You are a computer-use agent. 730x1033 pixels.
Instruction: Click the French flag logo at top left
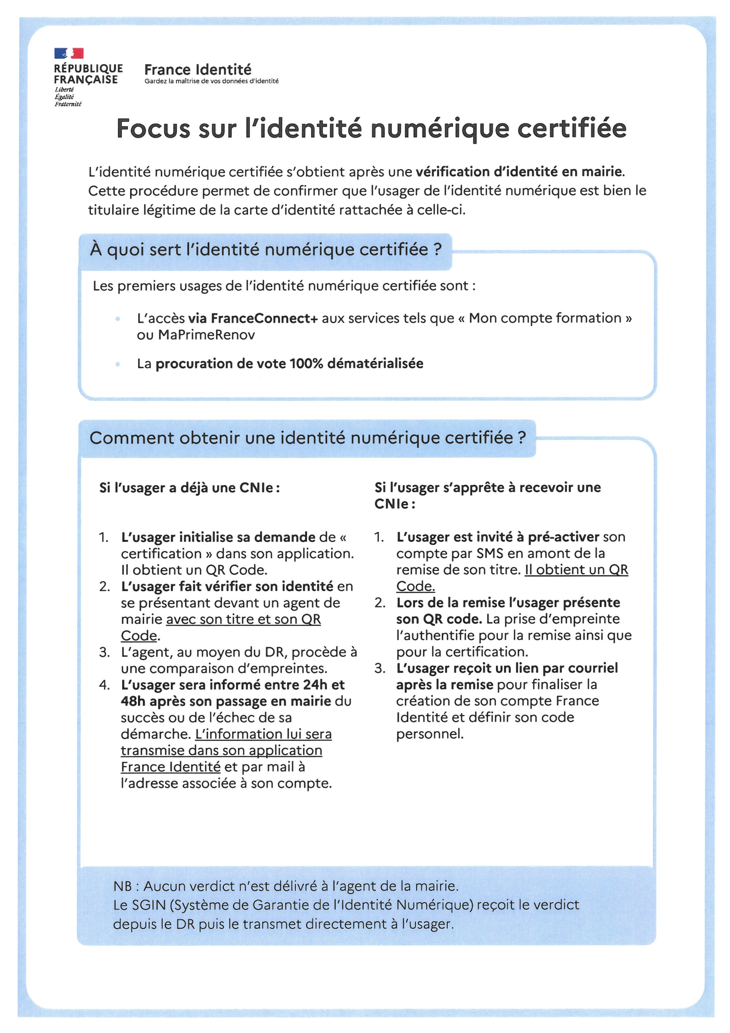pyautogui.click(x=69, y=53)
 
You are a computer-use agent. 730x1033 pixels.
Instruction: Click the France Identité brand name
pyautogui.click(x=198, y=70)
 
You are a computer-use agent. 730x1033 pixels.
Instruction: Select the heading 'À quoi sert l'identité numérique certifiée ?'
pyautogui.click(x=265, y=249)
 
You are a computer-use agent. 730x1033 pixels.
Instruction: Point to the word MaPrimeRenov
pyautogui.click(x=207, y=335)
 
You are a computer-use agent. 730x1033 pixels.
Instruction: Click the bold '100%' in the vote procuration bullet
pyautogui.click(x=306, y=364)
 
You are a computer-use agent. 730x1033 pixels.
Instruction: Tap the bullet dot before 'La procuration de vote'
pyautogui.click(x=118, y=364)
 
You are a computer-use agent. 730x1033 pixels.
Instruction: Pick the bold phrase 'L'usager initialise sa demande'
pyautogui.click(x=218, y=537)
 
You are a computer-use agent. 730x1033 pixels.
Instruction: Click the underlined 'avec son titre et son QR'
pyautogui.click(x=243, y=619)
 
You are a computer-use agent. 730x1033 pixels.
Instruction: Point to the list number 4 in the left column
pyautogui.click(x=104, y=685)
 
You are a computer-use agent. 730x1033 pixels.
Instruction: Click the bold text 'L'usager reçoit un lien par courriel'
pyautogui.click(x=507, y=668)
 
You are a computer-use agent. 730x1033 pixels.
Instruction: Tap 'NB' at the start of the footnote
pyautogui.click(x=122, y=886)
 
